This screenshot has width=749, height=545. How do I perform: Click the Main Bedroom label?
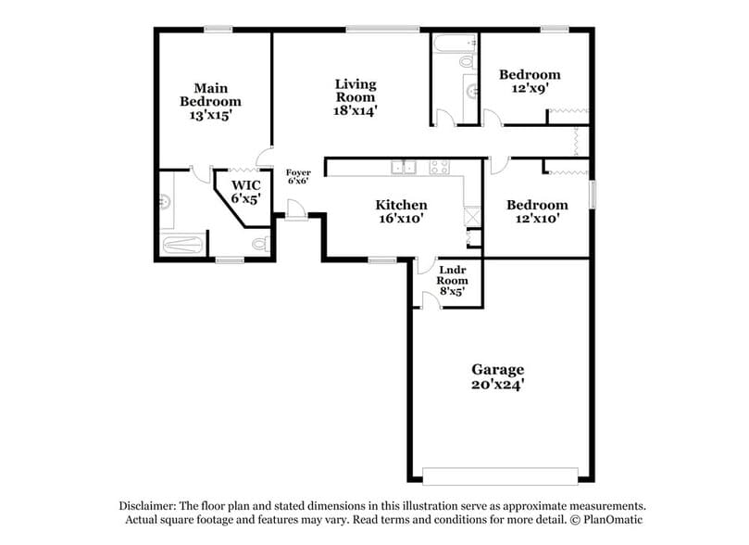(210, 102)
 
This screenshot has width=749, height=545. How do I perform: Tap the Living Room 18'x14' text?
(356, 96)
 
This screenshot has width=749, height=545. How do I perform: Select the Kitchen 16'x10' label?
(401, 212)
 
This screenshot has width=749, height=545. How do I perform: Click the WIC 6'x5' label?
(245, 191)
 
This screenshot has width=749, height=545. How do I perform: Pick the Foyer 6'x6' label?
(298, 176)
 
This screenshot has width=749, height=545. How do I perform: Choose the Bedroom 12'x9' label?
(530, 82)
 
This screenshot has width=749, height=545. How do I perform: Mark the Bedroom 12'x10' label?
(537, 211)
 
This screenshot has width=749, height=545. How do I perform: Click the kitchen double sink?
(403, 168)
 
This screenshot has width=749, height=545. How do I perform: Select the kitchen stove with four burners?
(439, 168)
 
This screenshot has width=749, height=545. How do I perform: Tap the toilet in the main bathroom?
(260, 244)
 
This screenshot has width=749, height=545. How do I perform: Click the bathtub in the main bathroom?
(182, 245)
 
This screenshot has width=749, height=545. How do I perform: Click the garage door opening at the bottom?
(501, 481)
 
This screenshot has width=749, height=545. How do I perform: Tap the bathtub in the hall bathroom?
(455, 42)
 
